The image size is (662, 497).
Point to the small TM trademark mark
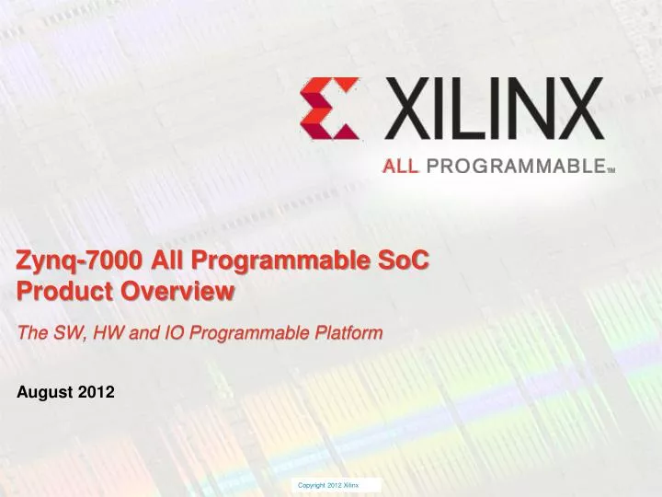[610, 170]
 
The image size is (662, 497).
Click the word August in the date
[45, 392]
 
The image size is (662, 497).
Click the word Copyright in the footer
[313, 484]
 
